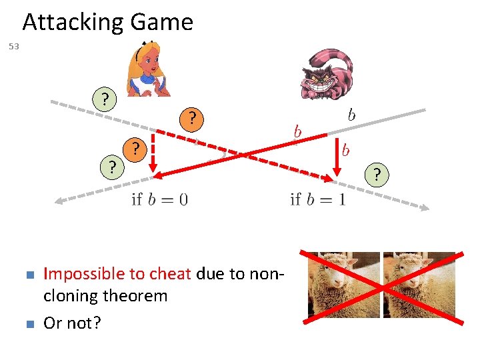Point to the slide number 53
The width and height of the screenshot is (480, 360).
[x=14, y=47]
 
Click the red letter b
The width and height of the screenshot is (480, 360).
[x=345, y=151]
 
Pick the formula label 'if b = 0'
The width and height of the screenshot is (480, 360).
[x=159, y=199]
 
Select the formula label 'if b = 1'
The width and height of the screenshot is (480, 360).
[x=318, y=199]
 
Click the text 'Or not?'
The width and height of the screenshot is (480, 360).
[x=72, y=323]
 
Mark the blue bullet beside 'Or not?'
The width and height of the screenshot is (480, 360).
[x=28, y=324]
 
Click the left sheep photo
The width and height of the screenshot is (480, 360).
[x=343, y=284]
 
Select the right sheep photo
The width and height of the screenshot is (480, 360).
[x=419, y=284]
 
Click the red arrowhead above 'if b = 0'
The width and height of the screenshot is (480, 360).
[x=157, y=175]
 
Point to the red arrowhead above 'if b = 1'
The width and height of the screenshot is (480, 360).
[x=328, y=179]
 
